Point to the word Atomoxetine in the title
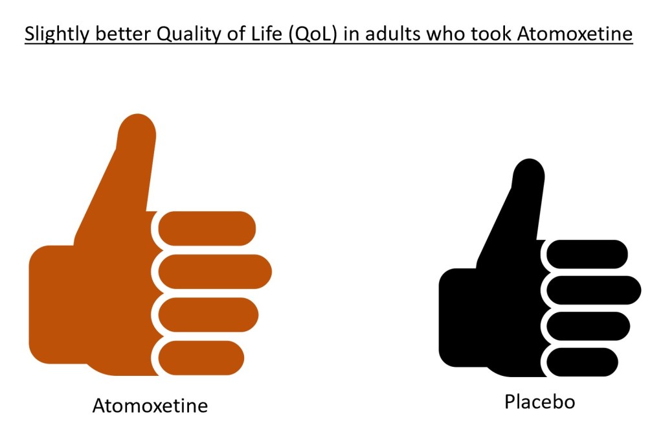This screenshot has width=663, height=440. pyautogui.click(x=575, y=34)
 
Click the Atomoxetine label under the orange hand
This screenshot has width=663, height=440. pyautogui.click(x=150, y=406)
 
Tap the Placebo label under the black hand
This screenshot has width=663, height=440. pyautogui.click(x=539, y=402)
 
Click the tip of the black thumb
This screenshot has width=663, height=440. pyautogui.click(x=529, y=159)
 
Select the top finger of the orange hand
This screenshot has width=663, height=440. pyautogui.click(x=207, y=229)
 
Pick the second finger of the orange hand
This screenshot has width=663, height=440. pyautogui.click(x=215, y=272)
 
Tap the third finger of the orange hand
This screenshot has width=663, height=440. pyautogui.click(x=208, y=315)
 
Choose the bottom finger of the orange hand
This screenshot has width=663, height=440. pyautogui.click(x=201, y=358)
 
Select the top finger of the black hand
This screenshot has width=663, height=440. pyautogui.click(x=587, y=254)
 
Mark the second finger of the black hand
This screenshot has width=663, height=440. pyautogui.click(x=594, y=290)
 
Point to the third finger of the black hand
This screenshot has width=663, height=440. pyautogui.click(x=588, y=326)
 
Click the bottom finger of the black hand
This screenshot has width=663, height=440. pyautogui.click(x=582, y=362)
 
